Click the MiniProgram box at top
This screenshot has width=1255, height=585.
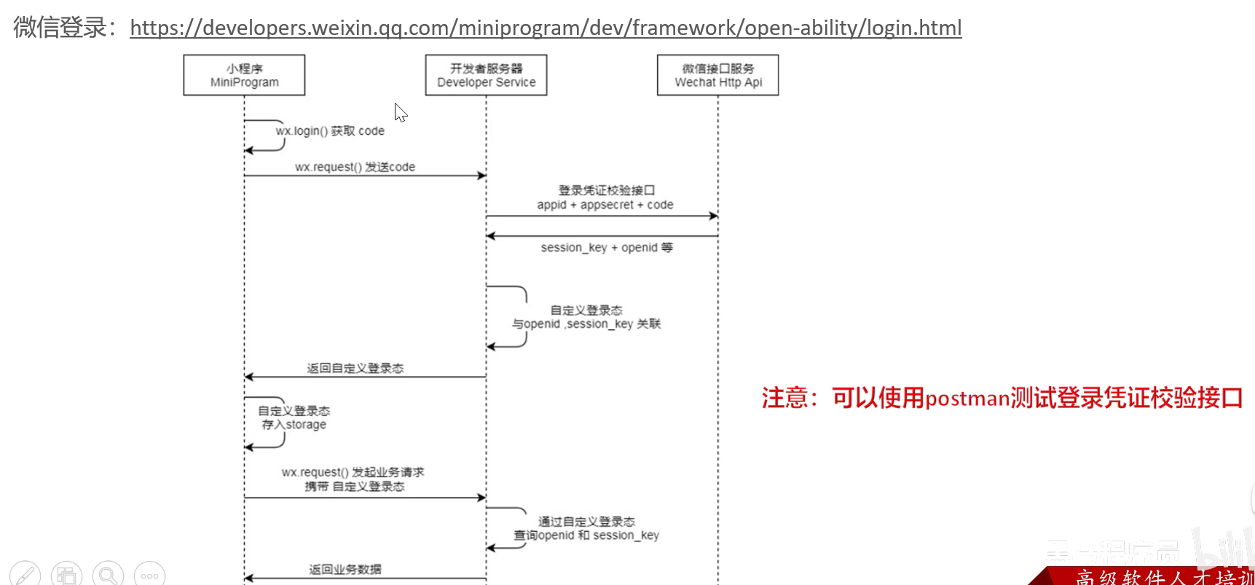pos(244,75)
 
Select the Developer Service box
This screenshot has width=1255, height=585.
pos(486,75)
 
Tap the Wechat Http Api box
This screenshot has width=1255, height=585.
pos(717,75)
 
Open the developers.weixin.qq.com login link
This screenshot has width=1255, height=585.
pos(546,28)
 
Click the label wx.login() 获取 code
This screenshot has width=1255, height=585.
pos(330,131)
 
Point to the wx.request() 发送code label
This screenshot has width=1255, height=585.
pos(355,167)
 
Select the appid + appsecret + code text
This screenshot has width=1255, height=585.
pos(605,205)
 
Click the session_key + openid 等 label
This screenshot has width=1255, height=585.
pos(606,248)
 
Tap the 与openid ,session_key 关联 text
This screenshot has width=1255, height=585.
pos(586,324)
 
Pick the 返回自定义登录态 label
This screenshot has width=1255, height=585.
pos(355,368)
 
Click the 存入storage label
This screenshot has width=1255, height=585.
pos(294,425)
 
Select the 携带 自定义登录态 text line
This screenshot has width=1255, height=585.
pos(354,486)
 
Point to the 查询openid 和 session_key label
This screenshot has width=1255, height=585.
pos(586,535)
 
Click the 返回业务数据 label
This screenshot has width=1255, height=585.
pos(345,569)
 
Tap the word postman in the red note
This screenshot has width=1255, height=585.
pos(967,398)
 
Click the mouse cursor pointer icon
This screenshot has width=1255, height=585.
pos(400,112)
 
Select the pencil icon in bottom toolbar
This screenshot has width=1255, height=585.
pos(24,576)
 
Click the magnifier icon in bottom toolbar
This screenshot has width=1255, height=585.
pos(108,576)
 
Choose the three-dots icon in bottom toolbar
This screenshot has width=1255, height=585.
pos(149,576)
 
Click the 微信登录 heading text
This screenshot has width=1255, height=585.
pos(60,28)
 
